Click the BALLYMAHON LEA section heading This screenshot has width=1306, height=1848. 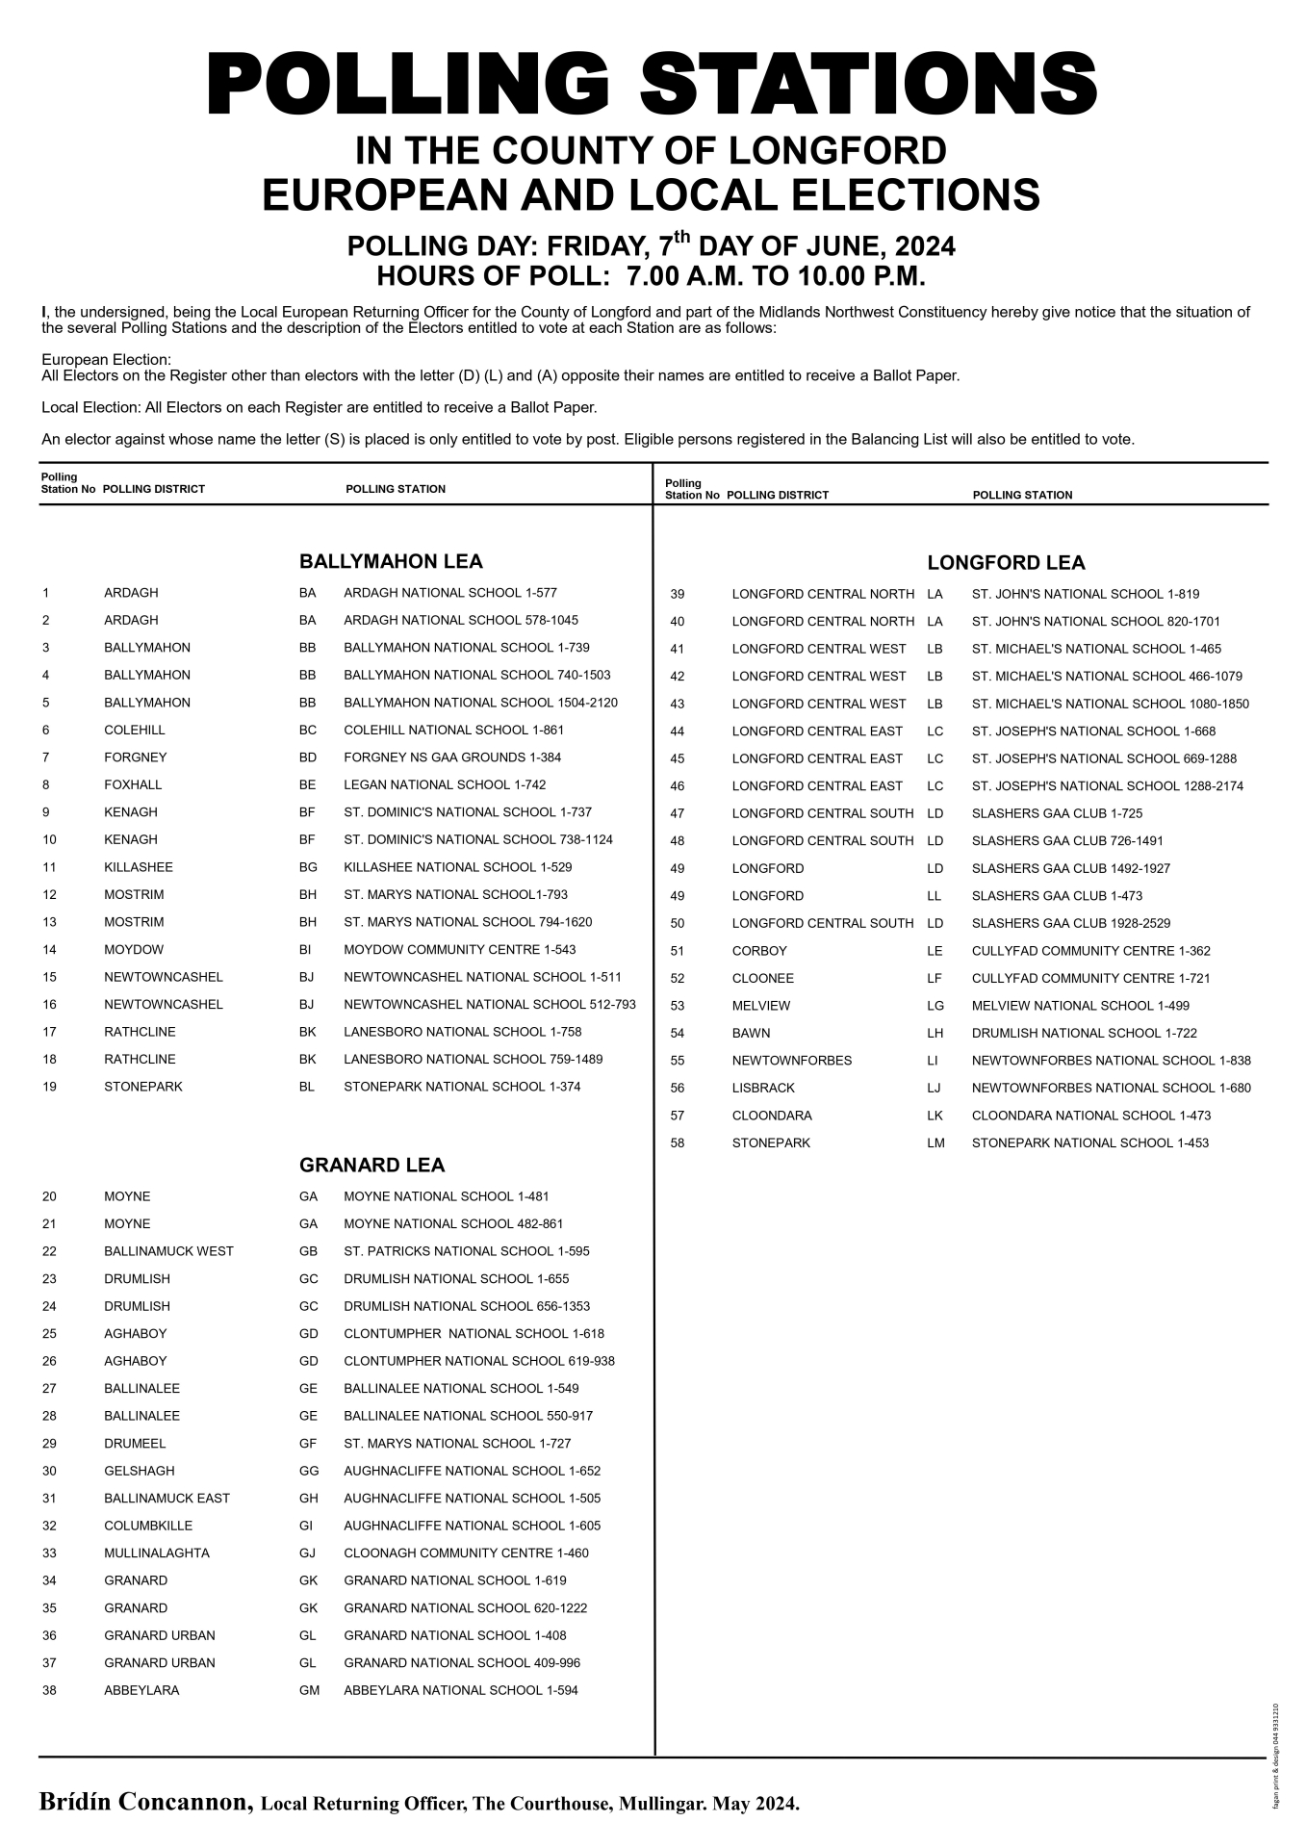click(391, 561)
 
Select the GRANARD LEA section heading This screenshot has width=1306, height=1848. click(371, 1166)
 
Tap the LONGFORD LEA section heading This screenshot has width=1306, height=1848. click(1006, 563)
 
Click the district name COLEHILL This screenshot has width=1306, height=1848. click(134, 731)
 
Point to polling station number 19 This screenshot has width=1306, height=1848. click(50, 1087)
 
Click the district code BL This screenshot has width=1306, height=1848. click(307, 1087)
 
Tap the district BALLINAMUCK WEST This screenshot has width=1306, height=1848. click(168, 1251)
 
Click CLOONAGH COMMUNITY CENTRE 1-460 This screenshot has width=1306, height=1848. click(466, 1553)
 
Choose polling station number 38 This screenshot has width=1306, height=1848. click(50, 1690)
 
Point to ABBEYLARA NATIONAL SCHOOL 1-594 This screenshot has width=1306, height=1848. click(461, 1690)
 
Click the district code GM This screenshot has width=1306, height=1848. click(309, 1690)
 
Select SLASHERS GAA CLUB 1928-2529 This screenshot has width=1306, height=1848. click(1071, 924)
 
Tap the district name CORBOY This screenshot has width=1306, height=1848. click(759, 951)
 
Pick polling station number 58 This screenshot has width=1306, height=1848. click(678, 1143)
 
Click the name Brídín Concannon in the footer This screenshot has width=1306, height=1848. click(144, 1802)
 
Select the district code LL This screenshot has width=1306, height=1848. click(935, 896)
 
